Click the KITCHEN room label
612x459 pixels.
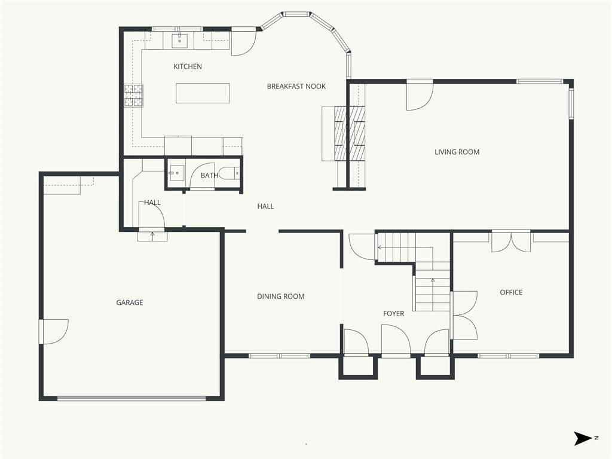point(187,66)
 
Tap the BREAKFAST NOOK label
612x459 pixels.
point(296,86)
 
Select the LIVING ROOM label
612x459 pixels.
point(457,152)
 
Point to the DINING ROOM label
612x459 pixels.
point(281,296)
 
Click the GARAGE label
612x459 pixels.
point(130,302)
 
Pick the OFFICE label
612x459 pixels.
point(511,292)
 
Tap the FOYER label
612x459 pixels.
point(393,313)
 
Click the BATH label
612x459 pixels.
point(209,175)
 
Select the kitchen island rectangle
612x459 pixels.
point(203,93)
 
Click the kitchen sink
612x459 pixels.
point(180,40)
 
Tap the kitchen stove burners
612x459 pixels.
point(133,96)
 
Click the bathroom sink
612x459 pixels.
point(176,173)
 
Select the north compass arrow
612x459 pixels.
point(583,438)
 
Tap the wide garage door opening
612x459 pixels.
point(131,399)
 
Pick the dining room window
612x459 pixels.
point(279,356)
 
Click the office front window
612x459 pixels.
point(508,356)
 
